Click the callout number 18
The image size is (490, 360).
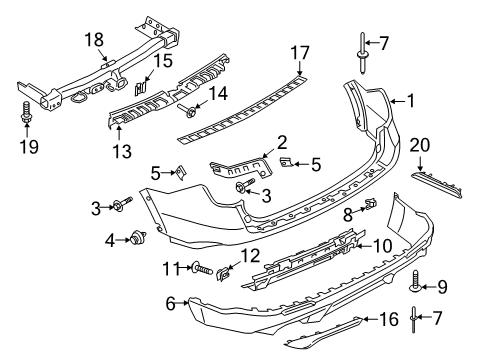[92, 39]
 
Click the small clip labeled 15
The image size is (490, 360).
[142, 85]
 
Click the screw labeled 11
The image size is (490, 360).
[198, 269]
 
